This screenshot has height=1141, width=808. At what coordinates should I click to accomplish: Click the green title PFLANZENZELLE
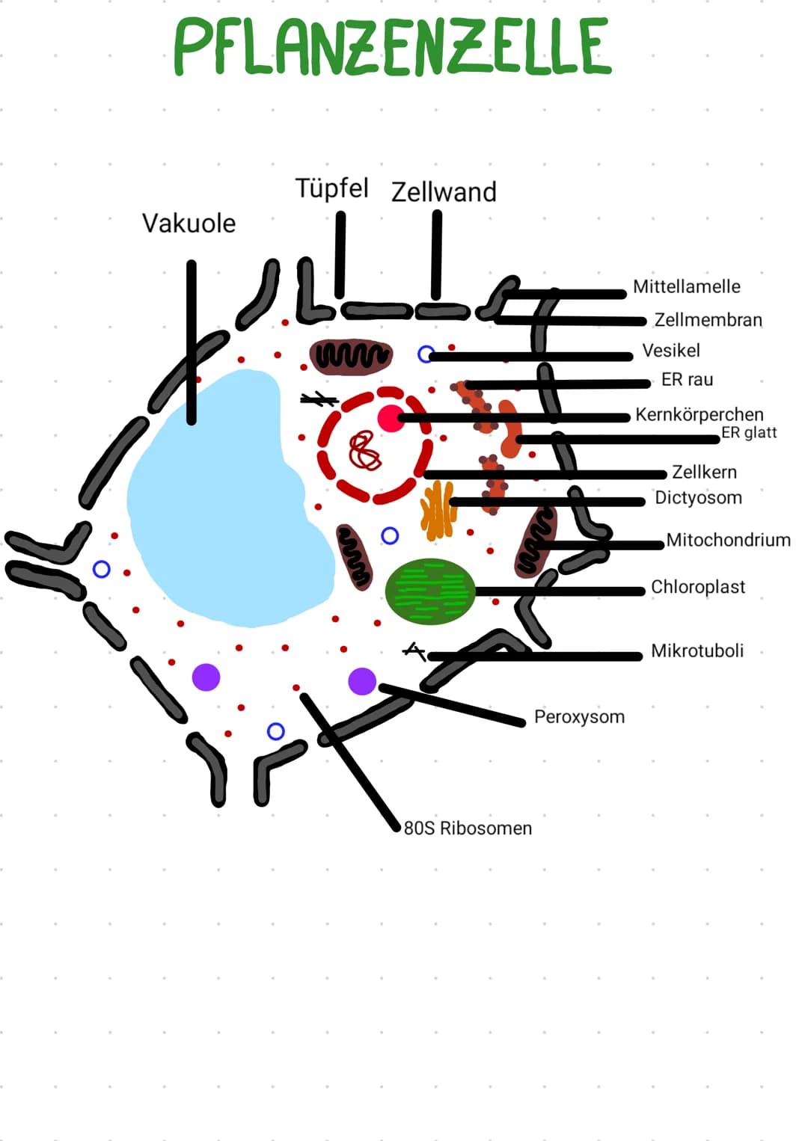tap(392, 46)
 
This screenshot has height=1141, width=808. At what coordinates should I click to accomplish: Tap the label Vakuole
tap(189, 223)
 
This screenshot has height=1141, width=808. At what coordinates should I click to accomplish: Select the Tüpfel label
tap(331, 188)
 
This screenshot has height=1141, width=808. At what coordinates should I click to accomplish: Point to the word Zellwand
tap(444, 192)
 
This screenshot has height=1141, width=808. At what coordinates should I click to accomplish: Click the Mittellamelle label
tap(686, 286)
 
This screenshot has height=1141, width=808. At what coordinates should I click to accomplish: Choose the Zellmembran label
tap(708, 320)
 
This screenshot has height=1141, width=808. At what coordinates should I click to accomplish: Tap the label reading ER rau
tap(687, 380)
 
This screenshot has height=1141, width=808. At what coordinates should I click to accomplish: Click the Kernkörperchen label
tap(699, 414)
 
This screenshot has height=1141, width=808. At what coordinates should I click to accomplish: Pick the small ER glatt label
tap(749, 432)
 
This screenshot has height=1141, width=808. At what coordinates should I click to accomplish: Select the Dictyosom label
tap(698, 498)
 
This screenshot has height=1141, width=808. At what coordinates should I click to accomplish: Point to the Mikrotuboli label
tap(697, 651)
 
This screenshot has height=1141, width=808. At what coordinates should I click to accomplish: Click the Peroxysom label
tap(579, 717)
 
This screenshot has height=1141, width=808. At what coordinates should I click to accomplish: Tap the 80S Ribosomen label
tap(468, 828)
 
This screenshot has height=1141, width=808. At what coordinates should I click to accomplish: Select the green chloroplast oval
tap(430, 591)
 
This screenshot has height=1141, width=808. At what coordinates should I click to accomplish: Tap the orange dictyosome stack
tap(437, 511)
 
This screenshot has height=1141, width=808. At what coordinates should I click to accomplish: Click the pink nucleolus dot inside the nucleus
tap(390, 419)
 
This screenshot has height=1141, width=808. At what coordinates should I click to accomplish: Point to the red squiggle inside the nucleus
tap(365, 451)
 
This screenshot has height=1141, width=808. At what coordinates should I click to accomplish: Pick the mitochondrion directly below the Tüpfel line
tap(351, 356)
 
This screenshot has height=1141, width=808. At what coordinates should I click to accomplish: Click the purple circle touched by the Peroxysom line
tap(362, 681)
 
